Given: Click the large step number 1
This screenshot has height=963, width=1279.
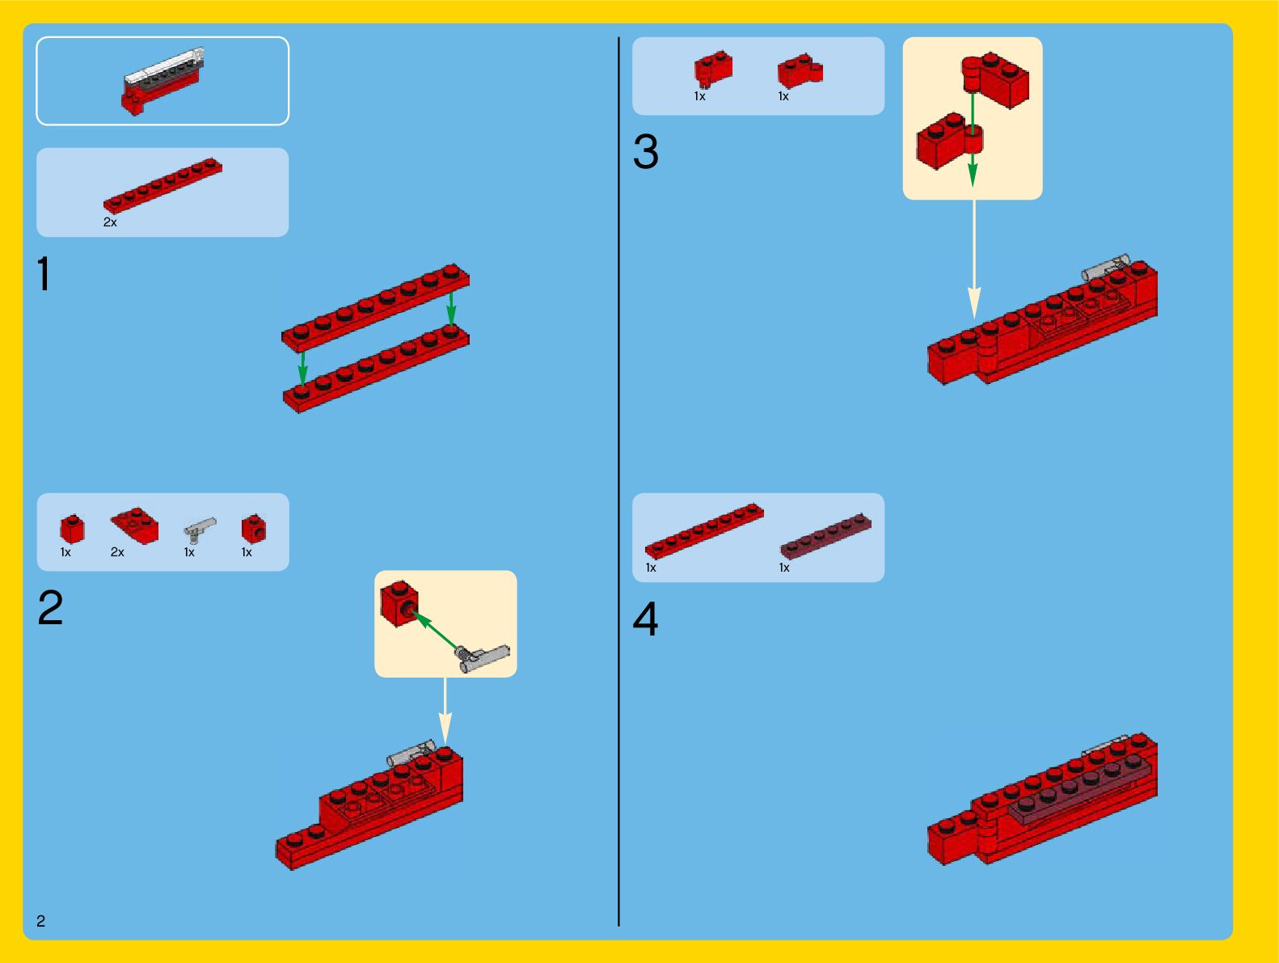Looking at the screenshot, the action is pos(44,273).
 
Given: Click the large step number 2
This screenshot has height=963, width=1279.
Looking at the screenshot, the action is pos(50,607).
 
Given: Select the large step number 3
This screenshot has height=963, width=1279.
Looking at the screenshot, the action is pos(646,151).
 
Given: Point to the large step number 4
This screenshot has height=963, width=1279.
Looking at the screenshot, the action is pos(646,619).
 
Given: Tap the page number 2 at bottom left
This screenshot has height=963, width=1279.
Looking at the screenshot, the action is pos(40,920).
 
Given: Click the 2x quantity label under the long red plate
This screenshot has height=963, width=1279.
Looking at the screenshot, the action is pos(110,222).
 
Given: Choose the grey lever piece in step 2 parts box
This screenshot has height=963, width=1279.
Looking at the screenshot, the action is pos(200,530).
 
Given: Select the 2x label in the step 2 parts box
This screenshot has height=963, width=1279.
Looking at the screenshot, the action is pos(117,551).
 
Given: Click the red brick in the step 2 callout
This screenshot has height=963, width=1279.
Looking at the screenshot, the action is pos(399,603).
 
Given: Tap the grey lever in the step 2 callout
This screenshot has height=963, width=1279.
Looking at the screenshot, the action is pos(482,657).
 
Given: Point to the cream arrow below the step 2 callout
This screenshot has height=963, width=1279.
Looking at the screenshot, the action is pos(445,711).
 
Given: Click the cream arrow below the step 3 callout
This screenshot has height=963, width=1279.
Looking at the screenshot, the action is pos(974,260).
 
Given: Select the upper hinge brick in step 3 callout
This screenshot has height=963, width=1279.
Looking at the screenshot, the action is pos(995,80).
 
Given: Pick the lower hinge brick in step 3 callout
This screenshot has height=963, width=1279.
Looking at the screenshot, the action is pos(949,141).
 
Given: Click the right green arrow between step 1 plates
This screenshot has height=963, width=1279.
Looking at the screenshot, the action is pos(451,309).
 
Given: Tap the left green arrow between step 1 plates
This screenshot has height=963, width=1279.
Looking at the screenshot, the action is pos(302,368).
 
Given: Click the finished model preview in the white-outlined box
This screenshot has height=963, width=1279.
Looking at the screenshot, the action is pos(163,81).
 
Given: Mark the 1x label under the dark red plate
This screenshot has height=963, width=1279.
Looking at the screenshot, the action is pos(784,568).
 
